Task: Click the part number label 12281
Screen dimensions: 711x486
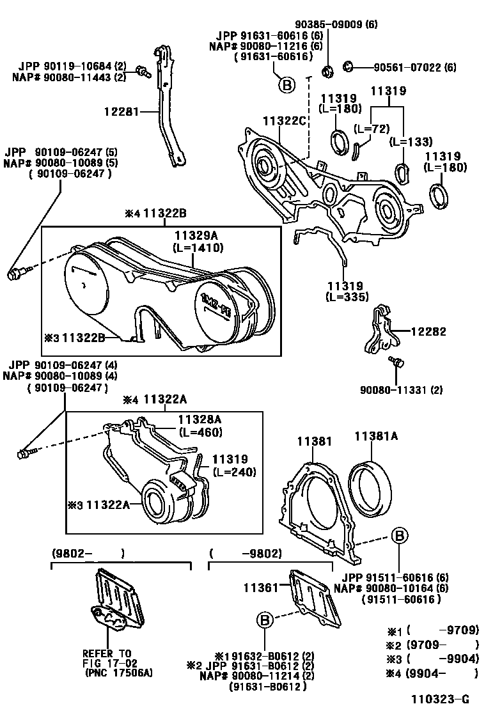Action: (121, 111)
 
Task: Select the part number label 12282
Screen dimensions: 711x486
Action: (428, 332)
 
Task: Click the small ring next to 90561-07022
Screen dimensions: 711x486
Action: (349, 66)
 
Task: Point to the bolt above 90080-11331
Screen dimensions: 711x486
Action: (396, 363)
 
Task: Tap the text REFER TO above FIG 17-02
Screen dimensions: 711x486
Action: (107, 653)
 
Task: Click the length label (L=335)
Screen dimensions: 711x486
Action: (347, 297)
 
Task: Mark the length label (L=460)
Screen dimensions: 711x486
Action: (200, 432)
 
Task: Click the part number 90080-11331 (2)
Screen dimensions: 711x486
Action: (402, 389)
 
